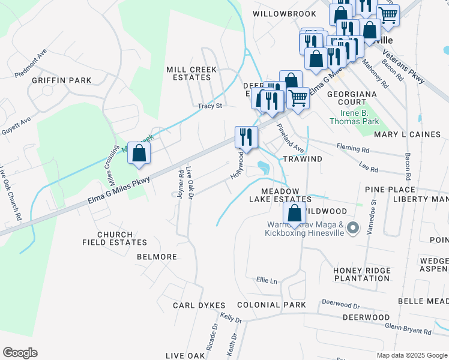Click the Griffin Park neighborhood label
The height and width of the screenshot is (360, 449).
tap(62, 80)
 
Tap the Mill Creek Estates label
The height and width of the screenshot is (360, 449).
tap(191, 74)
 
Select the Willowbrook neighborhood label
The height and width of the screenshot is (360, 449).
tap(284, 13)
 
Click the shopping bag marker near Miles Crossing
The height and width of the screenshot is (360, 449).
tap(139, 153)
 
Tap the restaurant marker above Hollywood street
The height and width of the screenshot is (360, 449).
tap(246, 137)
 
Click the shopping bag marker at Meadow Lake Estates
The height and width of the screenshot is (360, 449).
tap(294, 213)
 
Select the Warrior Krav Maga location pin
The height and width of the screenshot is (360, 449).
tap(353, 228)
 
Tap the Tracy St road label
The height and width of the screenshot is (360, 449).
tap(210, 106)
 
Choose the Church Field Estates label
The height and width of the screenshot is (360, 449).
tap(115, 238)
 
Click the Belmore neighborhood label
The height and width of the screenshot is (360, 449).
tap(157, 257)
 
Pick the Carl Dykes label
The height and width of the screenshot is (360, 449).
tap(199, 305)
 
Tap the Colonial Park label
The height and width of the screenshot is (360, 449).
tap(271, 305)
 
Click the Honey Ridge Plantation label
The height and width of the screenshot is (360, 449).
tap(362, 275)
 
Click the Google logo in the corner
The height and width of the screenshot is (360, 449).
tap(20, 353)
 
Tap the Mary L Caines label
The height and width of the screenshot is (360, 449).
tap(407, 134)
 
